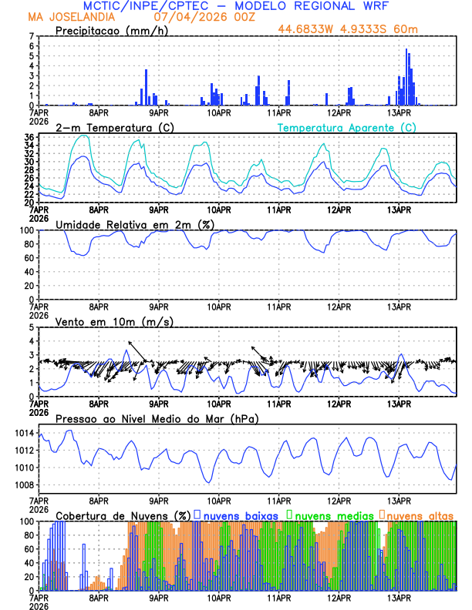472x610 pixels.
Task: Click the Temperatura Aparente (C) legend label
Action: click(x=346, y=127)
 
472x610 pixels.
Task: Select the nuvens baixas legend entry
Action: click(x=236, y=514)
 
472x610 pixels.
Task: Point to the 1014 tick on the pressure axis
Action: click(x=23, y=434)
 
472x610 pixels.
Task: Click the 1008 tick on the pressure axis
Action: click(x=23, y=484)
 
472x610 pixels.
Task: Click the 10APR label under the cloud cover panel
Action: click(x=219, y=597)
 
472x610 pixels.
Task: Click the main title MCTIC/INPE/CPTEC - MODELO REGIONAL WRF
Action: click(x=236, y=5)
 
